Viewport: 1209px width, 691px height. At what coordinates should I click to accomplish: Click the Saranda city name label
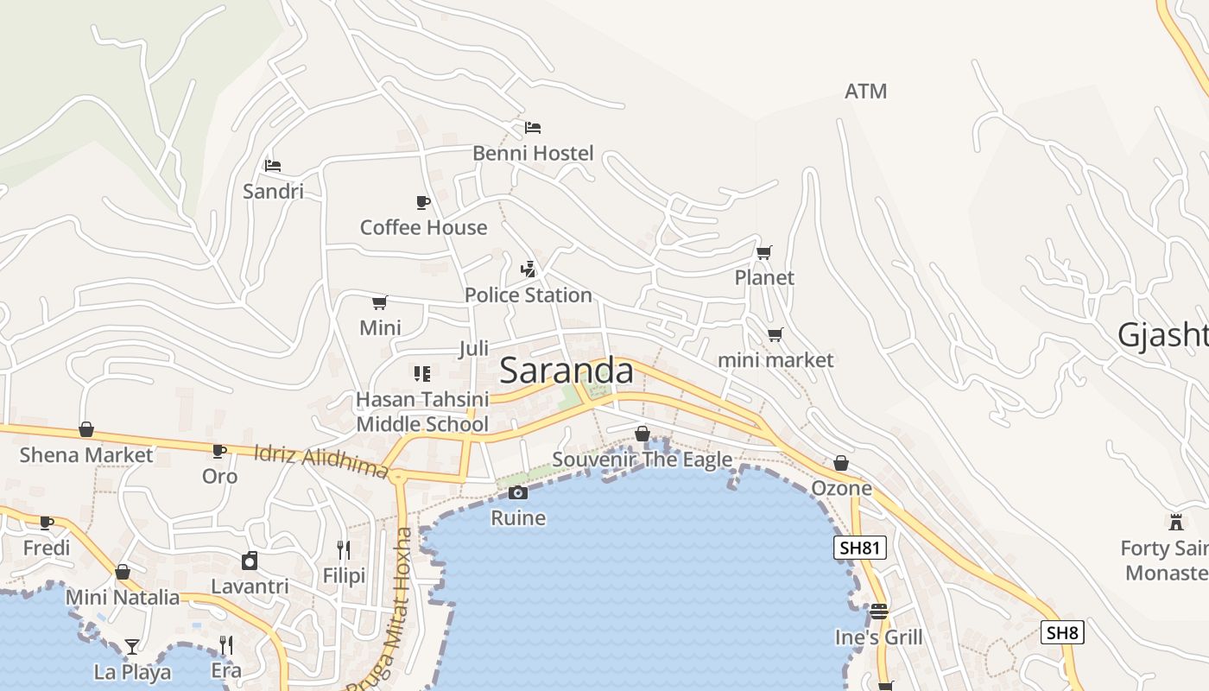[x=566, y=371]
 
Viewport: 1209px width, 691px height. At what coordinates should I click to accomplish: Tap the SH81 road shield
[x=860, y=548]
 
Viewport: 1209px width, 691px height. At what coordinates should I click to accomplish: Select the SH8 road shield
[x=1061, y=632]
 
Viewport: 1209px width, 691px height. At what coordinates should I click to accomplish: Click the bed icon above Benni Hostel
[x=533, y=128]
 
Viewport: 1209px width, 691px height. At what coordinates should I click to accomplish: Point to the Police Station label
[x=528, y=295]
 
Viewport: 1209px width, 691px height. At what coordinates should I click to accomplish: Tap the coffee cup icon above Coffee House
[x=423, y=202]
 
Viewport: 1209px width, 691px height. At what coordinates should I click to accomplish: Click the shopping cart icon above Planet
[x=763, y=252]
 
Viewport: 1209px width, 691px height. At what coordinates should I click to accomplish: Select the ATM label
[x=865, y=92]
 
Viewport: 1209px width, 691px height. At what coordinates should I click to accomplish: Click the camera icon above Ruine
[x=518, y=492]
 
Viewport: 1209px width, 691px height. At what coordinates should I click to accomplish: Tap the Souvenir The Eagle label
[x=642, y=460]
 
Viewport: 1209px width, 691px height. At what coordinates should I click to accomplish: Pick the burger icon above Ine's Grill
[x=879, y=612]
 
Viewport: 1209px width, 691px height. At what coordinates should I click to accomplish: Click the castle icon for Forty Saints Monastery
[x=1175, y=522]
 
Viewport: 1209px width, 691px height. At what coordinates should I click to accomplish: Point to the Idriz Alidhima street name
[x=321, y=461]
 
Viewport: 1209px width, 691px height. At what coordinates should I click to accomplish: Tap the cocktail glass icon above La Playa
[x=131, y=646]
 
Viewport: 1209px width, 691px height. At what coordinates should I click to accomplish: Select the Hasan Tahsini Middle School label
[x=422, y=412]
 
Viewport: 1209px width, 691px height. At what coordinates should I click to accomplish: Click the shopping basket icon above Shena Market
[x=86, y=429]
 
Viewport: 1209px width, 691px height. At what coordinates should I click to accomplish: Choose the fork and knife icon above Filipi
[x=344, y=549]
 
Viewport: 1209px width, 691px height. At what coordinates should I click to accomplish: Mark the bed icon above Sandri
[x=273, y=165]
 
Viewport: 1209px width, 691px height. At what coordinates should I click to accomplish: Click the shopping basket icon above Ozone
[x=841, y=463]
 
